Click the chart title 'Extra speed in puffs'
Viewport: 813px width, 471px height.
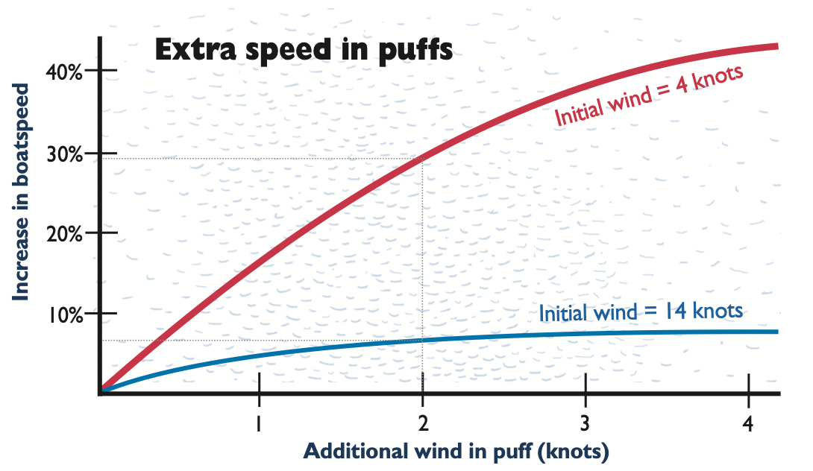tap(303, 51)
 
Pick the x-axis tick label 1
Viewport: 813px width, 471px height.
tap(259, 423)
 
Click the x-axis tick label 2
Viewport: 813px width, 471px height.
tap(423, 423)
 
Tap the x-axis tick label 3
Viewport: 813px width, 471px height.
tap(586, 423)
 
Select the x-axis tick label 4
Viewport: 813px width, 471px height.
tap(749, 423)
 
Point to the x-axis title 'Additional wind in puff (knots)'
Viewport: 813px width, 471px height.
tap(456, 451)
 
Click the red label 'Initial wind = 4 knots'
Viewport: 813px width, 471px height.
tap(649, 97)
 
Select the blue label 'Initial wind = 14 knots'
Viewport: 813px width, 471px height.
tap(641, 312)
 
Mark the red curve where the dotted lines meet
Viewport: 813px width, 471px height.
tap(423, 158)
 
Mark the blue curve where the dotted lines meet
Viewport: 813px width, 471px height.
tap(423, 340)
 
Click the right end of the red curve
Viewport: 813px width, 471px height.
tap(776, 46)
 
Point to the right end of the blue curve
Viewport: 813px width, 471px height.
tap(776, 332)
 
